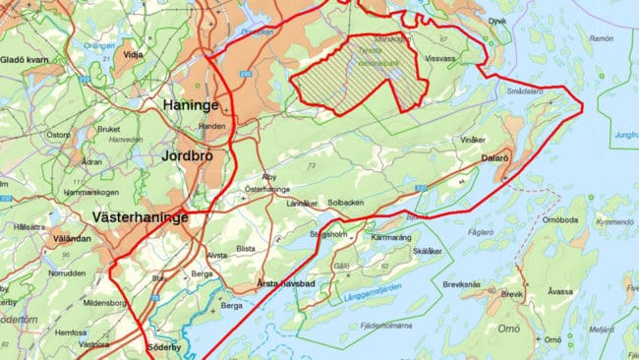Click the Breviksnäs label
(x=461, y=283)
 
